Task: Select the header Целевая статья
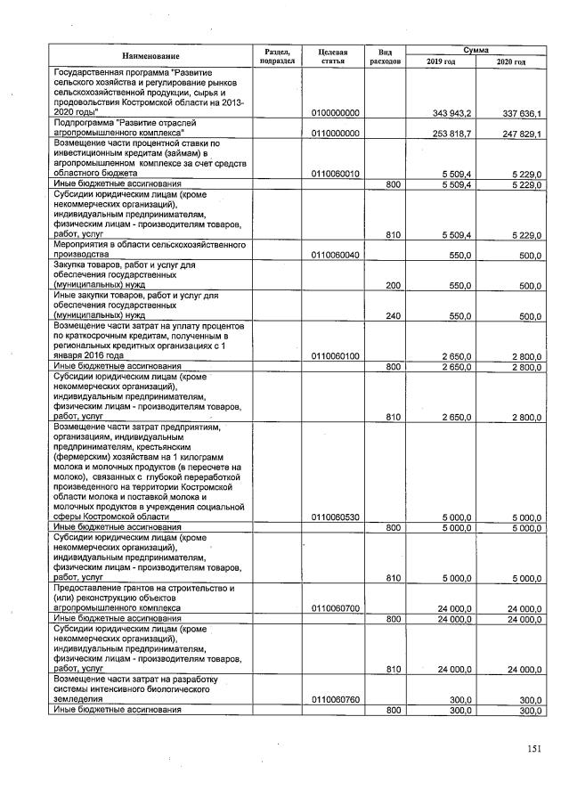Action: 332,56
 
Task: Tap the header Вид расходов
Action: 386,56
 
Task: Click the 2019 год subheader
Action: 441,61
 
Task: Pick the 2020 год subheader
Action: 511,61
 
